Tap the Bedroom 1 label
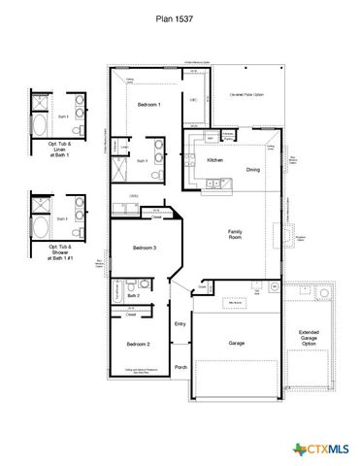click(148, 104)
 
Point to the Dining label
click(252, 170)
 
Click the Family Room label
click(235, 234)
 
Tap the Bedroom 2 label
click(137, 344)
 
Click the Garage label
click(236, 344)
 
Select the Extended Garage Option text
click(309, 338)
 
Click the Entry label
click(180, 323)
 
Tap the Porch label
click(180, 367)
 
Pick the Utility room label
click(133, 195)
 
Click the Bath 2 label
click(133, 295)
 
